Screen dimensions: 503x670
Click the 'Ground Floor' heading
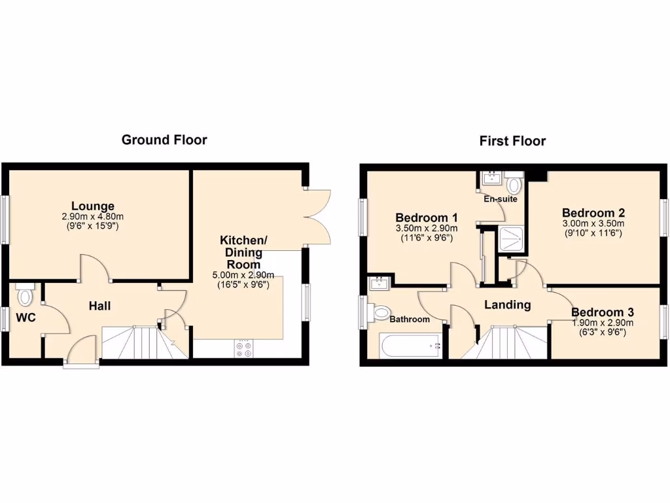tap(164, 140)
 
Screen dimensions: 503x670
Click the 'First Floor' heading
tap(512, 141)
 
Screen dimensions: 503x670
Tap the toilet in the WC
tap(26, 295)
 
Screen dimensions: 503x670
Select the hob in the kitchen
tap(244, 348)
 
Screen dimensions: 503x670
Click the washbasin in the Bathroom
tap(378, 284)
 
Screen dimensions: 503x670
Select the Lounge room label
tap(93, 206)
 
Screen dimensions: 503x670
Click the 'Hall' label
tap(100, 306)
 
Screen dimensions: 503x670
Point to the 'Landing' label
tap(507, 305)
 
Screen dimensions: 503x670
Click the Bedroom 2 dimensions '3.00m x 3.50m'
tap(593, 223)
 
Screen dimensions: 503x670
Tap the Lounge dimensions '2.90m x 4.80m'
tap(93, 217)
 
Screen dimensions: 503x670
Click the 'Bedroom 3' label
tap(602, 312)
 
